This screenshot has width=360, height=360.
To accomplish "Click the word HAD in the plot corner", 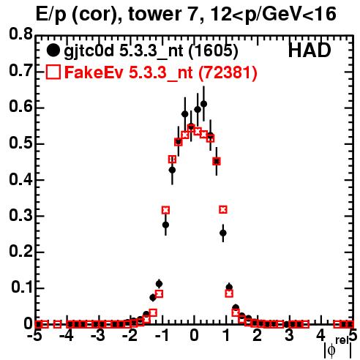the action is click(310, 50).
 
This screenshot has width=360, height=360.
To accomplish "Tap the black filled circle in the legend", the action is click(53, 50).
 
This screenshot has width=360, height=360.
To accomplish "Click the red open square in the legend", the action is click(53, 72).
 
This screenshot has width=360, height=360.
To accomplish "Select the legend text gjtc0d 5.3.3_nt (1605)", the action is click(151, 51).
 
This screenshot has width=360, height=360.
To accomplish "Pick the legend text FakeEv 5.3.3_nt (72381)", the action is click(161, 72).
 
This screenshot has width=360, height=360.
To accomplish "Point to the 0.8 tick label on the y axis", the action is click(20, 34).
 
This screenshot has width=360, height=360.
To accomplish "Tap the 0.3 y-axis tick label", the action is click(20, 216).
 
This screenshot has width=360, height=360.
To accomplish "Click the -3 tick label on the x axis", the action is click(97, 336).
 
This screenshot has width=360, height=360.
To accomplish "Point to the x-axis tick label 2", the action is click(258, 336).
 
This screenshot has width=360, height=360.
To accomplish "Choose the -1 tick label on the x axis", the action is click(162, 336).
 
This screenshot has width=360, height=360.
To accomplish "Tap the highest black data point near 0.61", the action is click(204, 104).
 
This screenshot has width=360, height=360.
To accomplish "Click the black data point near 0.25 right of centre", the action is click(223, 233).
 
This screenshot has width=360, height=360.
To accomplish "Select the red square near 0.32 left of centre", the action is click(165, 210).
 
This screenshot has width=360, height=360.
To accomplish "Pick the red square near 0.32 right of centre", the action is click(223, 209).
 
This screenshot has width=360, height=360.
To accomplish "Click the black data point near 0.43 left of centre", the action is click(172, 170).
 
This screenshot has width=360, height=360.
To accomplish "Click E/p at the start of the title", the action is click(51, 15).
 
